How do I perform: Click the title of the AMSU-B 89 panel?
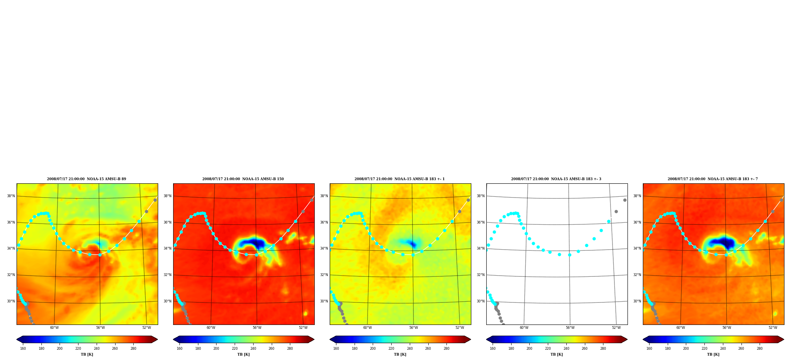[86, 179]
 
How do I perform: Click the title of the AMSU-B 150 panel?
[243, 179]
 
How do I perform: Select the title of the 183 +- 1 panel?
[400, 179]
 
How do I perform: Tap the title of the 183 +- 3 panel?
[556, 179]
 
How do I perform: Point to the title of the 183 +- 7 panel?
[713, 179]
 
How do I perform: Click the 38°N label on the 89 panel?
[11, 196]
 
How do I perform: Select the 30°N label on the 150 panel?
[168, 301]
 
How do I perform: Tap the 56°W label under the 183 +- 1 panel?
[413, 328]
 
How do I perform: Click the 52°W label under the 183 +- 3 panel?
[616, 328]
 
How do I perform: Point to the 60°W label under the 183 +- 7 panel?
[681, 328]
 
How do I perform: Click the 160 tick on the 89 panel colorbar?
[23, 349]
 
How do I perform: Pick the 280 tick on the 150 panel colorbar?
[290, 349]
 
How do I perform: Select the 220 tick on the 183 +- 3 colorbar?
[548, 349]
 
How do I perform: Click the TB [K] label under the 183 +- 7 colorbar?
[713, 354]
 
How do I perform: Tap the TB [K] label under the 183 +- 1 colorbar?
[400, 354]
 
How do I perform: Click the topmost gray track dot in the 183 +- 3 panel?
[625, 200]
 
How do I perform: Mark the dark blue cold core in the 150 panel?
[252, 242]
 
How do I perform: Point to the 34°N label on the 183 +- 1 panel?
[324, 248]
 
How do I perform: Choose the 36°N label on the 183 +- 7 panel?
[637, 222]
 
